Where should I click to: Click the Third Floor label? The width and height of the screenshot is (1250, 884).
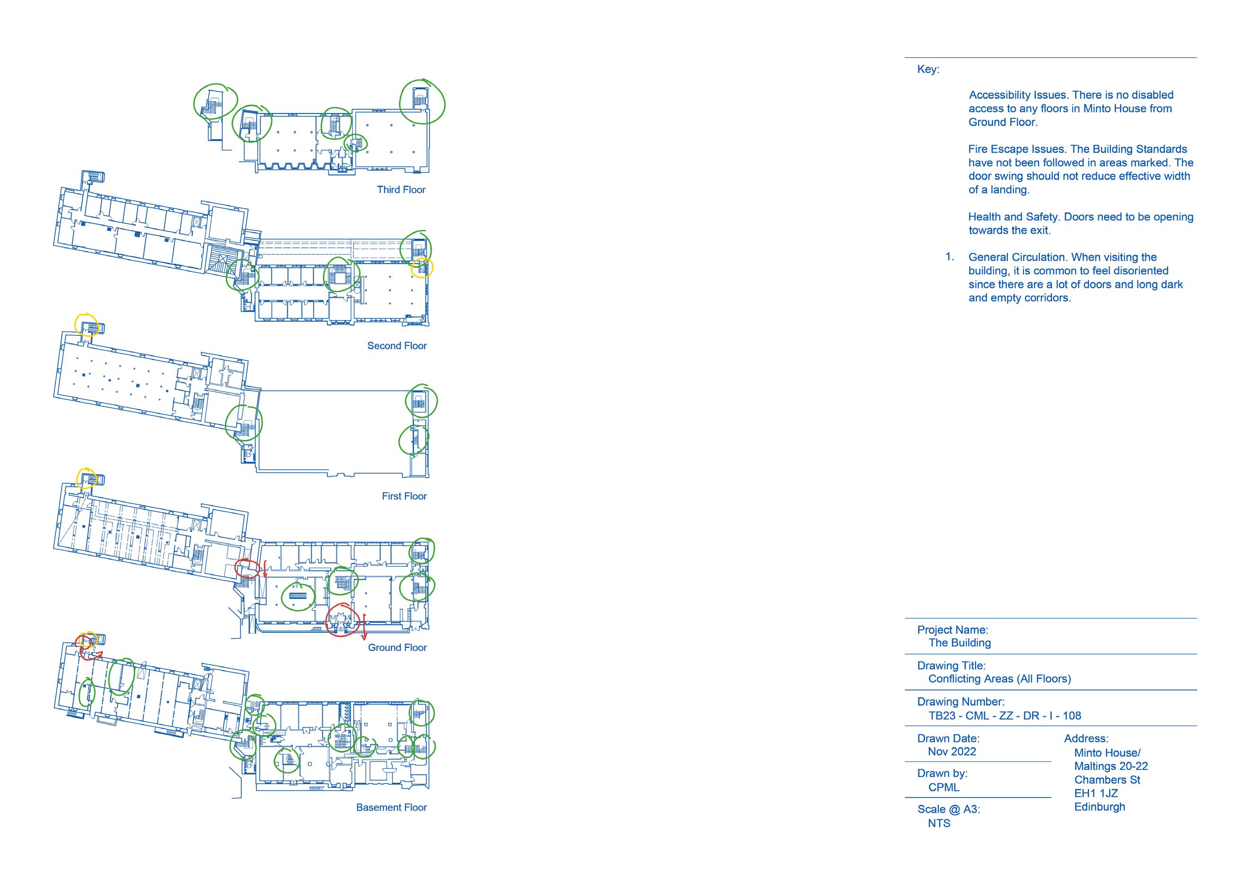point(401,189)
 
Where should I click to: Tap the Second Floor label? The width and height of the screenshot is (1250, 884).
point(396,346)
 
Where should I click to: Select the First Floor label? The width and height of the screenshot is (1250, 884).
point(404,496)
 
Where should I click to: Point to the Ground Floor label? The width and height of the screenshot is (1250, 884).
point(397,647)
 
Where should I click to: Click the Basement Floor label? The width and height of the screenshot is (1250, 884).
point(391,807)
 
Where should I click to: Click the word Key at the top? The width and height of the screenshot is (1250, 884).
point(928,69)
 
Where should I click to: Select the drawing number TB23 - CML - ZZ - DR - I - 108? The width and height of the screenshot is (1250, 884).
point(1004,715)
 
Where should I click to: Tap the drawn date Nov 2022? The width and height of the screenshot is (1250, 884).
point(951,751)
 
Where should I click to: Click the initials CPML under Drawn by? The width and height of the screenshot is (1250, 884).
point(943,787)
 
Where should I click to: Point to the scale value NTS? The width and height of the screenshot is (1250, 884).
point(939,823)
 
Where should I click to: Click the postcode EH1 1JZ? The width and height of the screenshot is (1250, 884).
point(1095,793)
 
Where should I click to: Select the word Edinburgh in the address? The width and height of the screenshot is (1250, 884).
point(1099,807)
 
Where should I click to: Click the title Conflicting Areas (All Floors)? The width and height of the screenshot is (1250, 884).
point(999,678)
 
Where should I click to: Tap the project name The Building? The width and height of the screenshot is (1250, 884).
point(960,642)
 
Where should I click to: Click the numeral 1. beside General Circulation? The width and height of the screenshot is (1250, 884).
point(950,257)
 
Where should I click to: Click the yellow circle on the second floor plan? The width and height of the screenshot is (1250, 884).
point(422,268)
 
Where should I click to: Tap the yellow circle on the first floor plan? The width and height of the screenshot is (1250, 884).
point(87,325)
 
